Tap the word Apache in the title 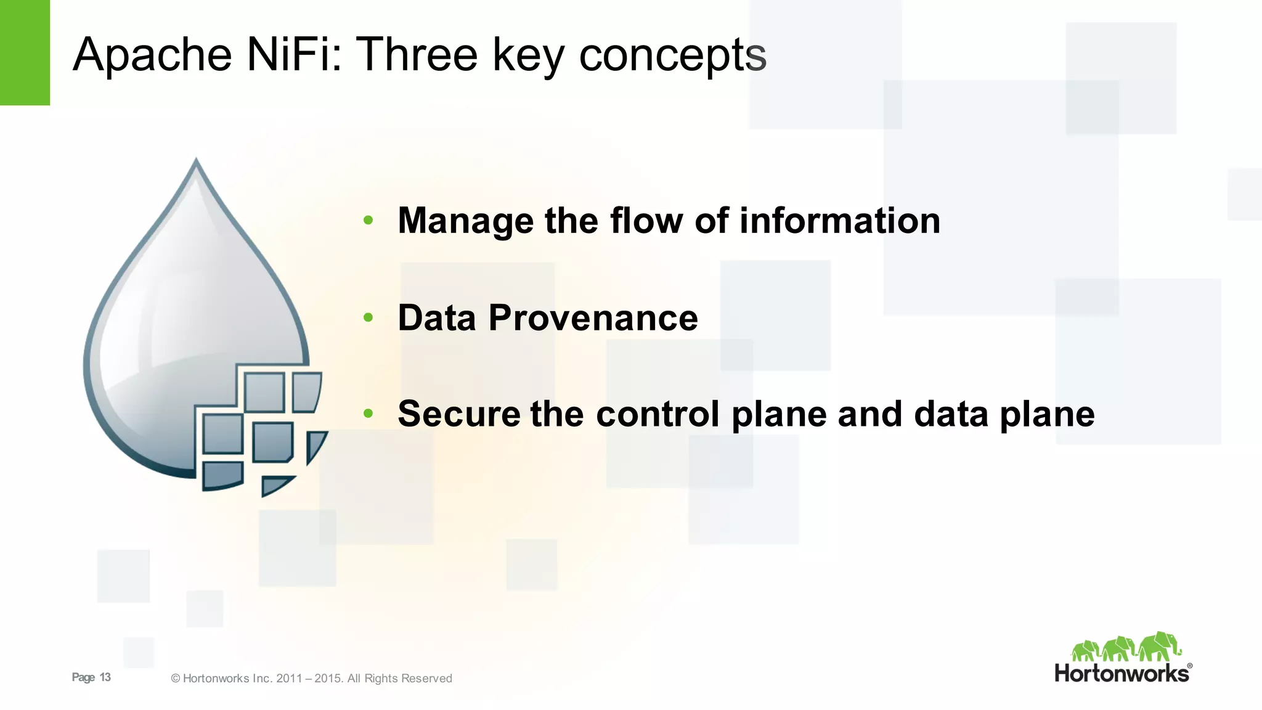tap(152, 55)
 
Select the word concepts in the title tap(672, 55)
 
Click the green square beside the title tap(25, 52)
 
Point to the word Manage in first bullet tap(465, 221)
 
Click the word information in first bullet tap(839, 221)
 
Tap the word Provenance tap(593, 318)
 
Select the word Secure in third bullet tap(458, 414)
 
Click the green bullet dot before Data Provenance tap(368, 317)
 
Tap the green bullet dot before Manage tap(368, 220)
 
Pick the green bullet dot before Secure tap(368, 414)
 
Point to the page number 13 tap(105, 677)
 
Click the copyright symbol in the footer tap(176, 679)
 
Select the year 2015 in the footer tap(327, 679)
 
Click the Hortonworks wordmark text tap(1122, 673)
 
